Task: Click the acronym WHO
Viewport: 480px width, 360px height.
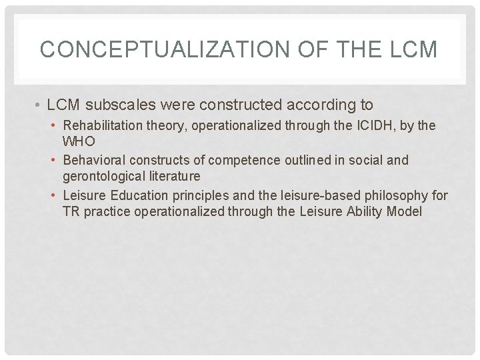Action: (x=79, y=141)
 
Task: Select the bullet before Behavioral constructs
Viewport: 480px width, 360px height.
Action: (x=55, y=161)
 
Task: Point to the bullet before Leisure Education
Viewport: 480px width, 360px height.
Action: (x=55, y=196)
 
